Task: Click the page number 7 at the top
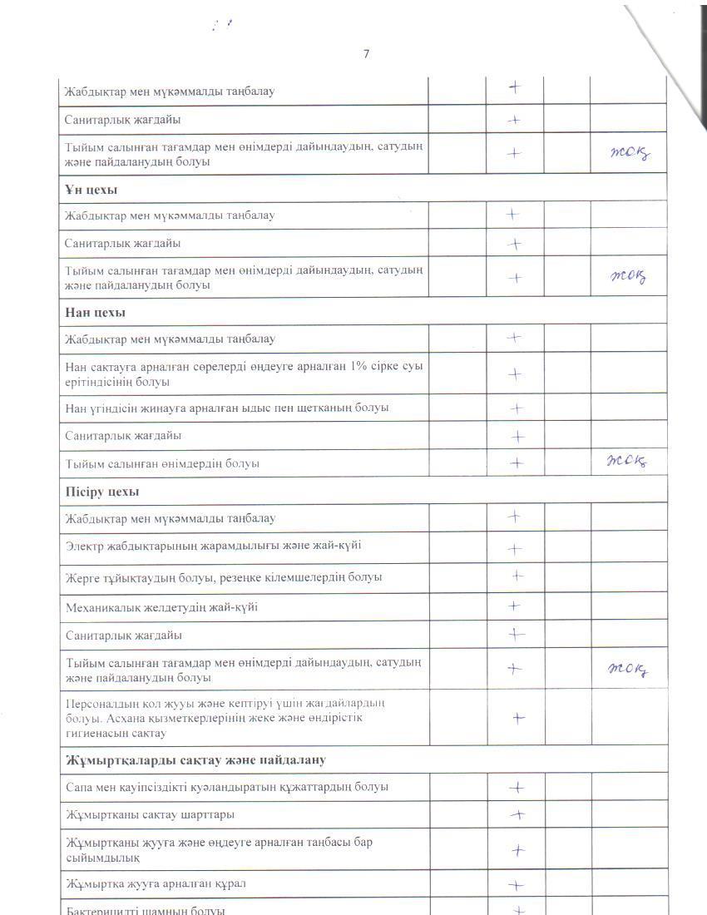click(366, 54)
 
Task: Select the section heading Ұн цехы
click(91, 190)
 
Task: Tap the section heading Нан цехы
click(95, 312)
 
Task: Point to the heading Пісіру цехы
click(103, 491)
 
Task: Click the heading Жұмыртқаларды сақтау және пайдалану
click(195, 760)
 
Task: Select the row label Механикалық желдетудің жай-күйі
click(161, 607)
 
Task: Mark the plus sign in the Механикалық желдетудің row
click(514, 606)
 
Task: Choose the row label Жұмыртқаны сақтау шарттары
click(150, 814)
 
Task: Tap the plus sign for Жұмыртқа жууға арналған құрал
click(516, 886)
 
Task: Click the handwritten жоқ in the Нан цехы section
click(627, 462)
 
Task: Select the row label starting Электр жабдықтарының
click(213, 547)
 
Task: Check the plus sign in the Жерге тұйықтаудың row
click(517, 575)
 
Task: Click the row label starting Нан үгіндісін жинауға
click(227, 408)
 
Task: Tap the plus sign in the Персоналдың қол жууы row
click(517, 718)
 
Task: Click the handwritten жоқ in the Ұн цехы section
click(628, 277)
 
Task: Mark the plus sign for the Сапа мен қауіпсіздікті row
click(517, 787)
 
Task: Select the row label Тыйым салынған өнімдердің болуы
click(162, 463)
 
